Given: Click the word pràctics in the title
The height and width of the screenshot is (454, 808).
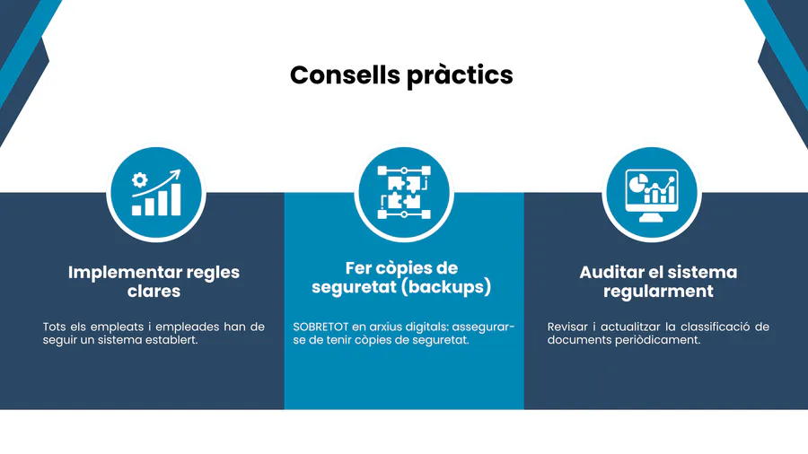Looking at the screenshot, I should [x=459, y=75].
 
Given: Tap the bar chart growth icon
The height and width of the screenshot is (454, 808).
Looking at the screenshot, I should [x=156, y=194].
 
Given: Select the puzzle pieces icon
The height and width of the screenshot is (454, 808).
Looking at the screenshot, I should [x=404, y=192].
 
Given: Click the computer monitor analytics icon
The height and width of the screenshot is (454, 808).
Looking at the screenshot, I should [x=650, y=194].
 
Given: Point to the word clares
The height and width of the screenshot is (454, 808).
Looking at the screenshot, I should [x=154, y=292].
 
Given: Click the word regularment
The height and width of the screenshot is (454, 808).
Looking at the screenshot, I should [x=658, y=292].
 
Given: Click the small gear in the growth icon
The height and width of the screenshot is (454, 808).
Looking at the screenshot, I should [x=139, y=179].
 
